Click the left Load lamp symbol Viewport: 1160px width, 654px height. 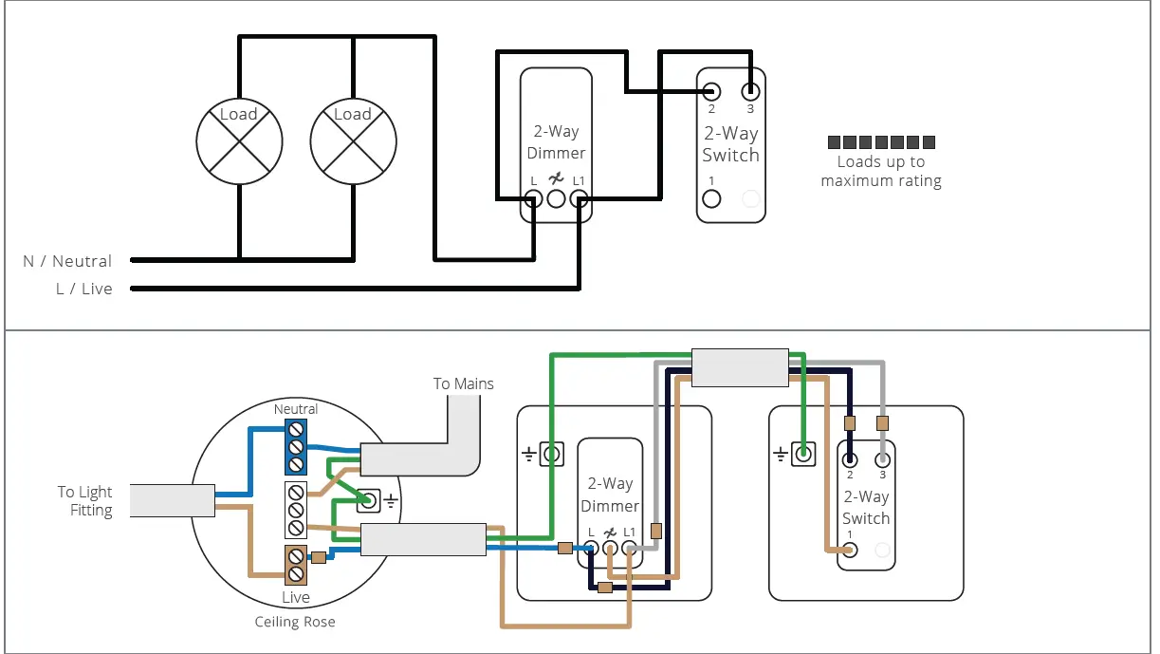239,141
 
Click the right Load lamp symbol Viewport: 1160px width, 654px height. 353,141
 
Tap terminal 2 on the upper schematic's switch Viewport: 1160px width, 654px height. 711,91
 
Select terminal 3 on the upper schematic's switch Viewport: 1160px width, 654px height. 750,91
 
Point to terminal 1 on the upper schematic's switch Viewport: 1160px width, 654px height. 711,198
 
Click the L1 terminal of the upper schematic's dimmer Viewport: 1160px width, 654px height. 580,198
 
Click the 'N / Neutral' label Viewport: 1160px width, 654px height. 67,261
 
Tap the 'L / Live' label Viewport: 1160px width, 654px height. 83,289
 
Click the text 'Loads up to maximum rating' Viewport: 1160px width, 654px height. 881,171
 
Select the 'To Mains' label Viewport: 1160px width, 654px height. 463,383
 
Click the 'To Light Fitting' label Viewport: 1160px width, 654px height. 84,501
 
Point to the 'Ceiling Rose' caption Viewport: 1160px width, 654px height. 295,623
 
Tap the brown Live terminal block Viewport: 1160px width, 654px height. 296,565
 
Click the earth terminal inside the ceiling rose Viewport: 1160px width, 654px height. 367,500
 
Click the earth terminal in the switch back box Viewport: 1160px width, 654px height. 803,455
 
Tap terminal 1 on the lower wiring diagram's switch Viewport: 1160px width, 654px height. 851,549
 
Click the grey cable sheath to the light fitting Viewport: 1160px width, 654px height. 172,500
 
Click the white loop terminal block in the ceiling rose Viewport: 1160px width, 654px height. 296,510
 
